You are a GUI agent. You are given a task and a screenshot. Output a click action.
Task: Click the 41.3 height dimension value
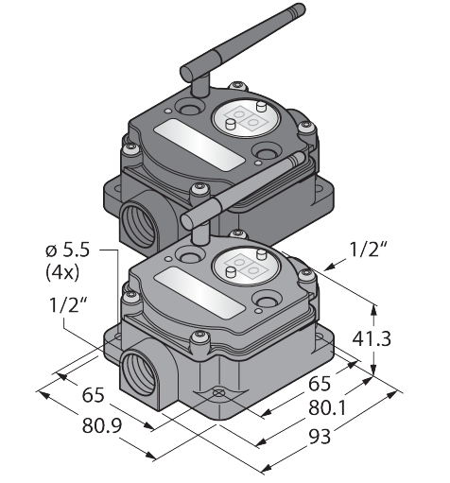point(372,339)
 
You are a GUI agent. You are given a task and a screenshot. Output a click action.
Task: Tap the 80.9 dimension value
point(102,426)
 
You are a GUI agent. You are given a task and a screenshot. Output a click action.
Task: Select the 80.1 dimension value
point(327,408)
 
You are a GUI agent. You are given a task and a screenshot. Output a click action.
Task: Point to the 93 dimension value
point(320,437)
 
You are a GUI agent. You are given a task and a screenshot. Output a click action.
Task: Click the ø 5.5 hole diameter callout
point(67,250)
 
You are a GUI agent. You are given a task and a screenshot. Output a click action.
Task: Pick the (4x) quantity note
point(62,273)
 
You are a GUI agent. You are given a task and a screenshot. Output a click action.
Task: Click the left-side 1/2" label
point(68,304)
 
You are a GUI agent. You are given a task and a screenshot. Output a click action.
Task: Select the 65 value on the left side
point(93,395)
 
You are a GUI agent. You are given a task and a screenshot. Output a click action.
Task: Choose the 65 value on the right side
point(320,384)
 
